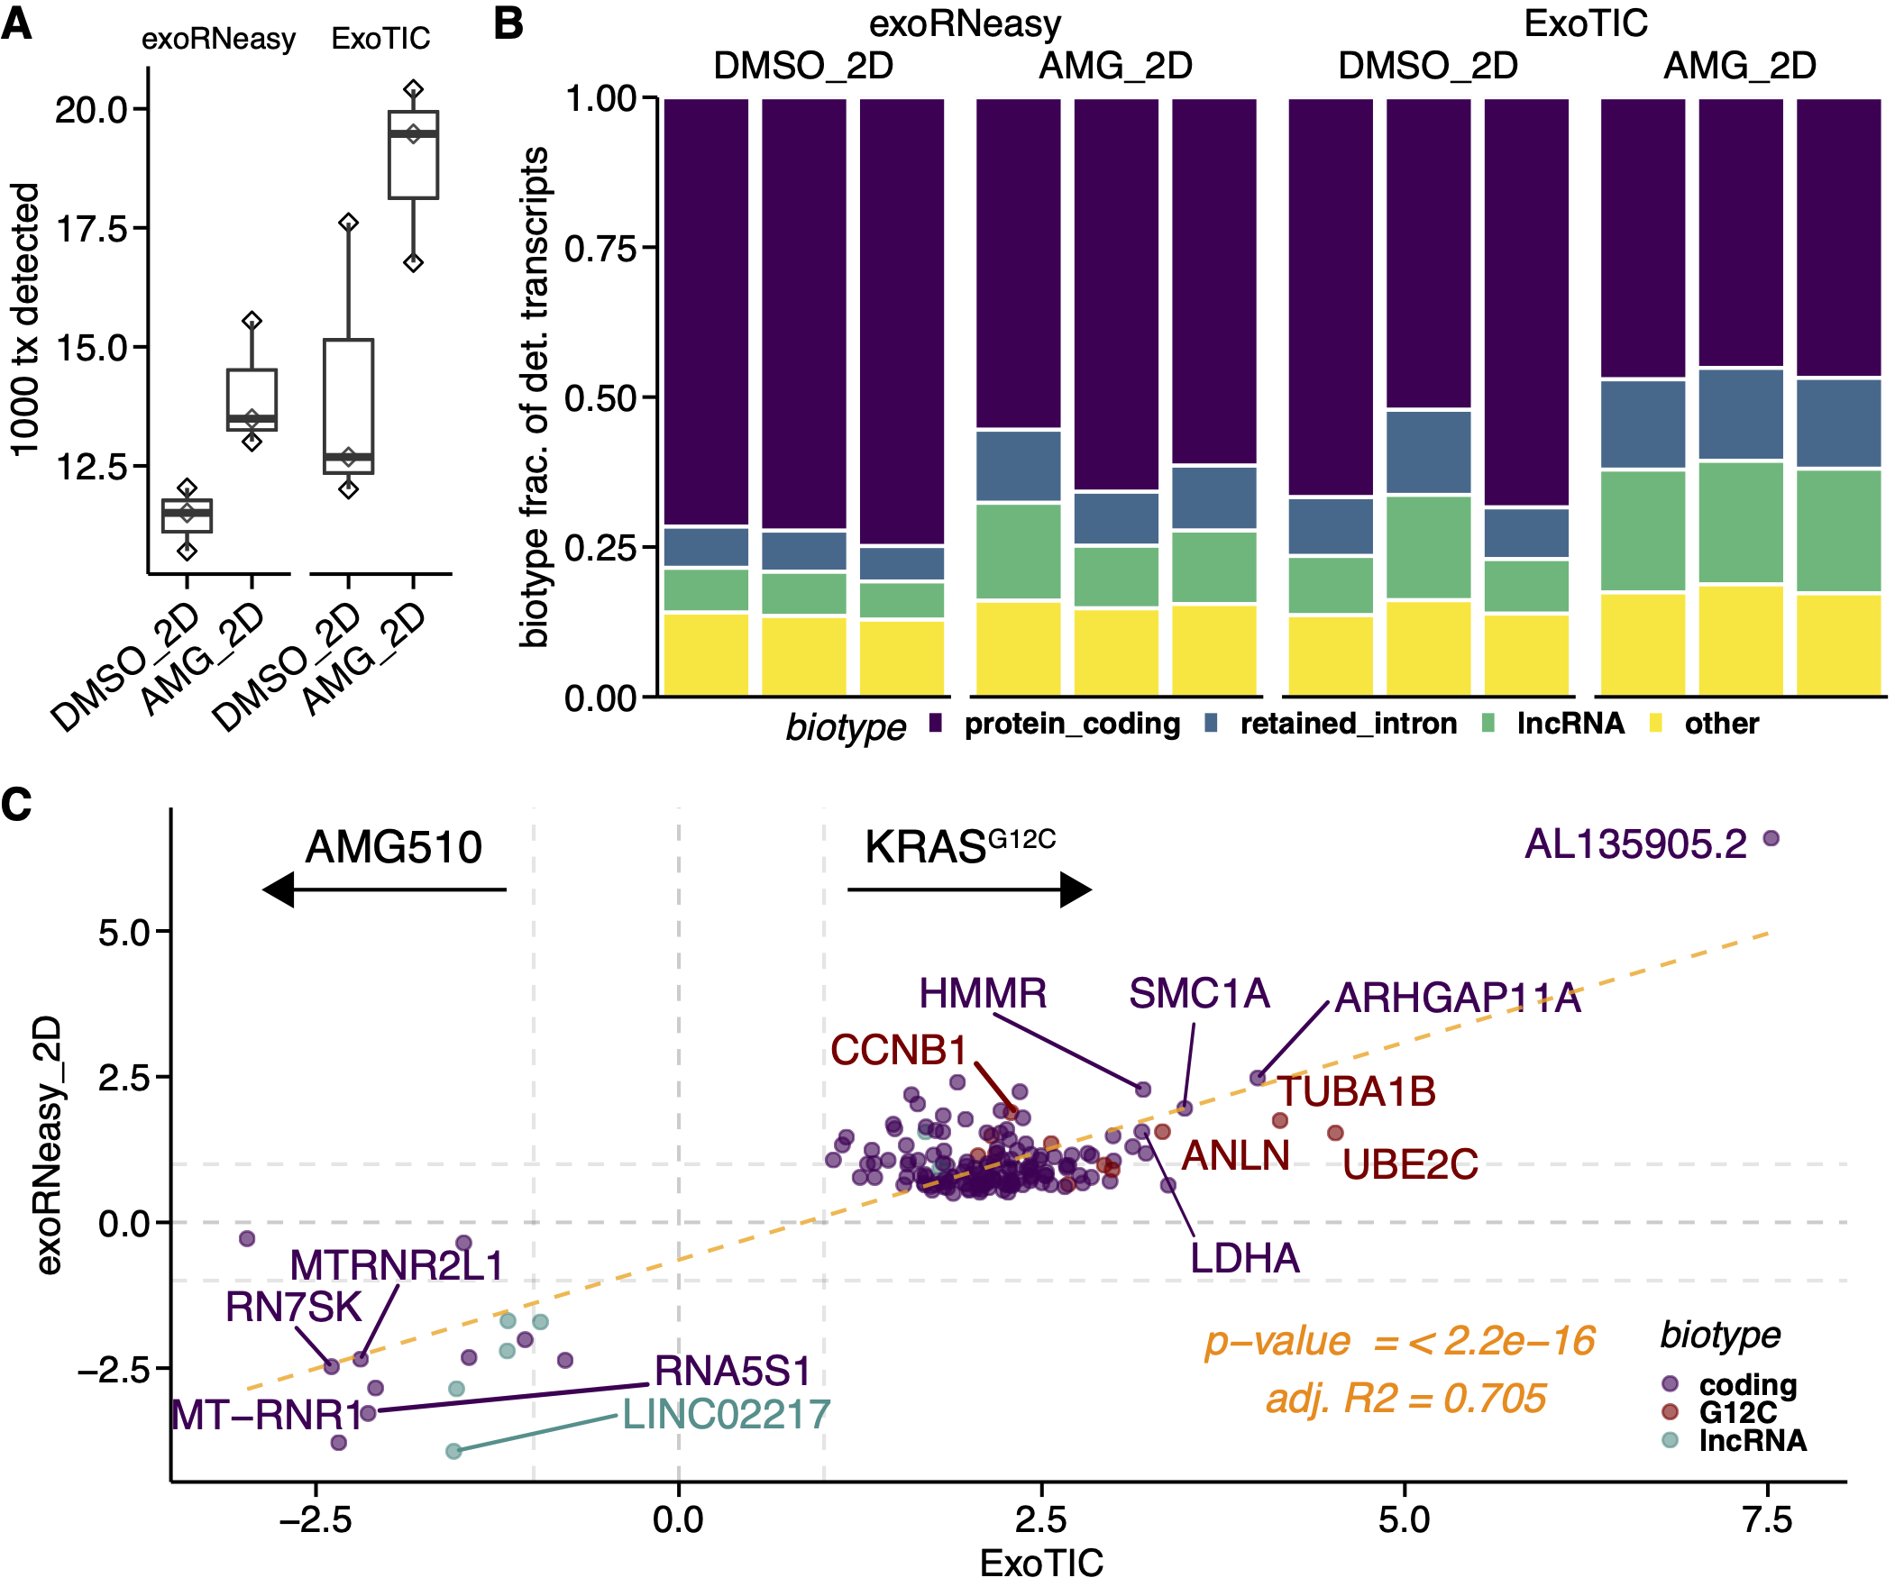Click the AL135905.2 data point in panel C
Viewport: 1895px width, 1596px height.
click(1771, 839)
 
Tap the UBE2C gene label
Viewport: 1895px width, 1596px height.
click(1409, 1165)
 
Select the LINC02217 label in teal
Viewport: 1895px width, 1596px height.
click(726, 1415)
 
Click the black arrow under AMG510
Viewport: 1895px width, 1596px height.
click(384, 890)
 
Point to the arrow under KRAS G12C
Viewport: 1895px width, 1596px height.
click(969, 890)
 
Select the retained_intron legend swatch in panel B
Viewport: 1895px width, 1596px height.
click(1212, 723)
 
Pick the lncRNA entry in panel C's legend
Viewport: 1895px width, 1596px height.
click(1751, 1441)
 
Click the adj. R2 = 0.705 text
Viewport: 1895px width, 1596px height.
click(1405, 1399)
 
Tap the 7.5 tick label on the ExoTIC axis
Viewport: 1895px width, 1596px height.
click(1766, 1520)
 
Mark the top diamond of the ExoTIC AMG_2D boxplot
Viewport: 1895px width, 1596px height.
click(414, 89)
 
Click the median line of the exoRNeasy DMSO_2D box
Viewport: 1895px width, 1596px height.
click(187, 513)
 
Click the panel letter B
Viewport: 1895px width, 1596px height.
click(508, 23)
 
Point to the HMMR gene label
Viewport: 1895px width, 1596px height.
click(983, 993)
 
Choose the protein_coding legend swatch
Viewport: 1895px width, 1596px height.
click(936, 723)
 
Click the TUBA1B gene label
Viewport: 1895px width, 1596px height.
click(1356, 1092)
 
